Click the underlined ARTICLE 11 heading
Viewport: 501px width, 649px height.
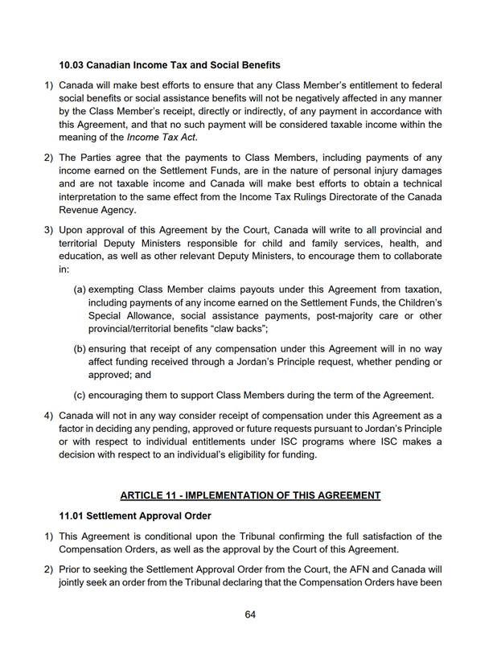(x=250, y=495)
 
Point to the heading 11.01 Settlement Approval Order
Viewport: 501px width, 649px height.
(x=136, y=515)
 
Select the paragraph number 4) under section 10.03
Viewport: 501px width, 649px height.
(x=48, y=415)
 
